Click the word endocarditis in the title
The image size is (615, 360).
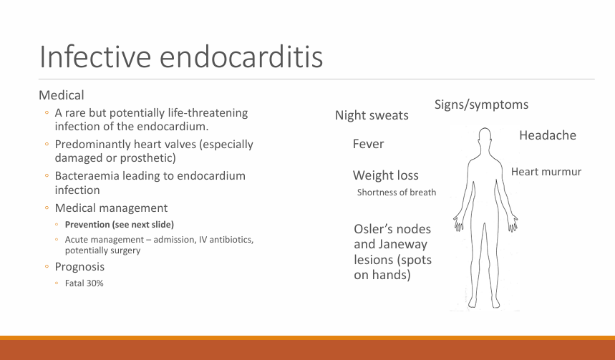[x=241, y=57]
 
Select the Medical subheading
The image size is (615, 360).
[x=62, y=95]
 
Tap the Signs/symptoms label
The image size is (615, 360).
[x=481, y=104]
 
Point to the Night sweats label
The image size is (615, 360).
[x=372, y=115]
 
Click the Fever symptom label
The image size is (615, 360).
[x=368, y=144]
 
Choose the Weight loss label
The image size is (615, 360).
[x=386, y=175]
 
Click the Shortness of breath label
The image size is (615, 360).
[x=397, y=192]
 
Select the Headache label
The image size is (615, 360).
[x=548, y=135]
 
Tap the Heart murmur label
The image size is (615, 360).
[x=546, y=172]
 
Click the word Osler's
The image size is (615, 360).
[x=375, y=229]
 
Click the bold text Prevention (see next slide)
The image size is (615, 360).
[x=120, y=225]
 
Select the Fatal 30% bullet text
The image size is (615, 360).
[x=84, y=283]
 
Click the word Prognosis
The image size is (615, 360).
[x=79, y=267]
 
